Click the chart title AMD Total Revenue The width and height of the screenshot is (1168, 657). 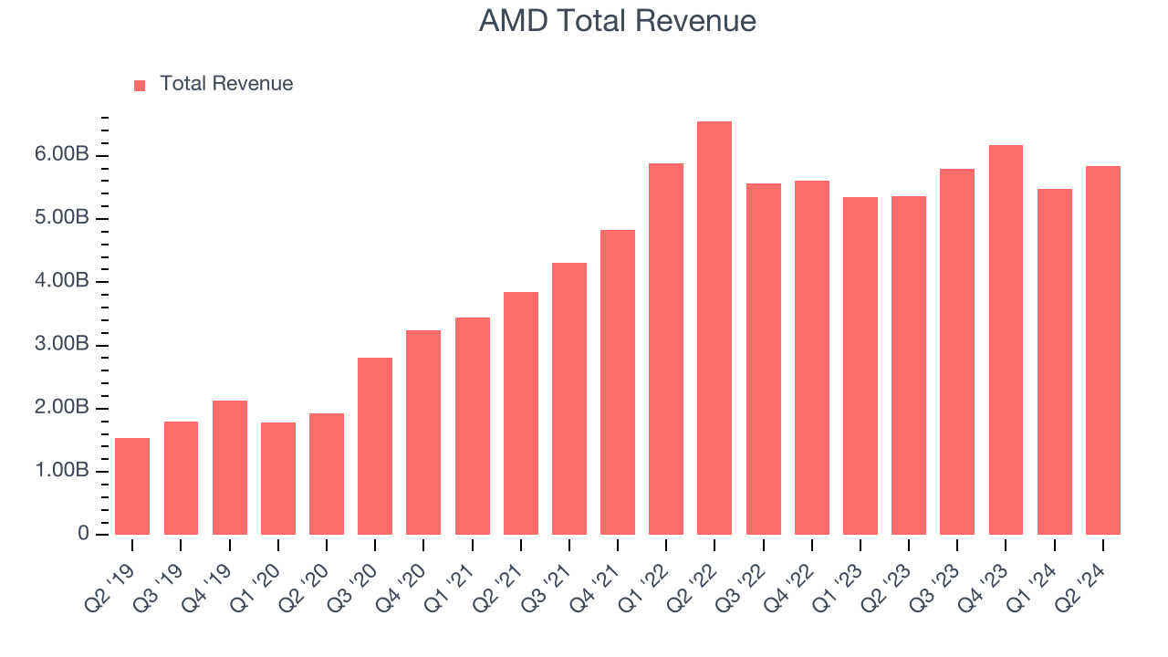point(617,21)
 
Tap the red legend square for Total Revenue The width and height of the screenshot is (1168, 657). point(140,85)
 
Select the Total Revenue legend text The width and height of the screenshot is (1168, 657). point(226,84)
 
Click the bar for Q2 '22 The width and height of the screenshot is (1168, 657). point(714,328)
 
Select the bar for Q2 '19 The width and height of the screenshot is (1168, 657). point(132,486)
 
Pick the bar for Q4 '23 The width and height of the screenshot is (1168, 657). point(1006,340)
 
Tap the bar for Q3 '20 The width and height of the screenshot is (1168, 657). point(375,446)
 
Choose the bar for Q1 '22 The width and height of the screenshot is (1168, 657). point(666,349)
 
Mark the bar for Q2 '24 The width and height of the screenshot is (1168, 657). point(1102,350)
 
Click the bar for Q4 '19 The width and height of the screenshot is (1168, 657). point(230,468)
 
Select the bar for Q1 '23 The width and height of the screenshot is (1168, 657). point(860,366)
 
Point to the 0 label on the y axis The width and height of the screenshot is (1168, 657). point(84,535)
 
